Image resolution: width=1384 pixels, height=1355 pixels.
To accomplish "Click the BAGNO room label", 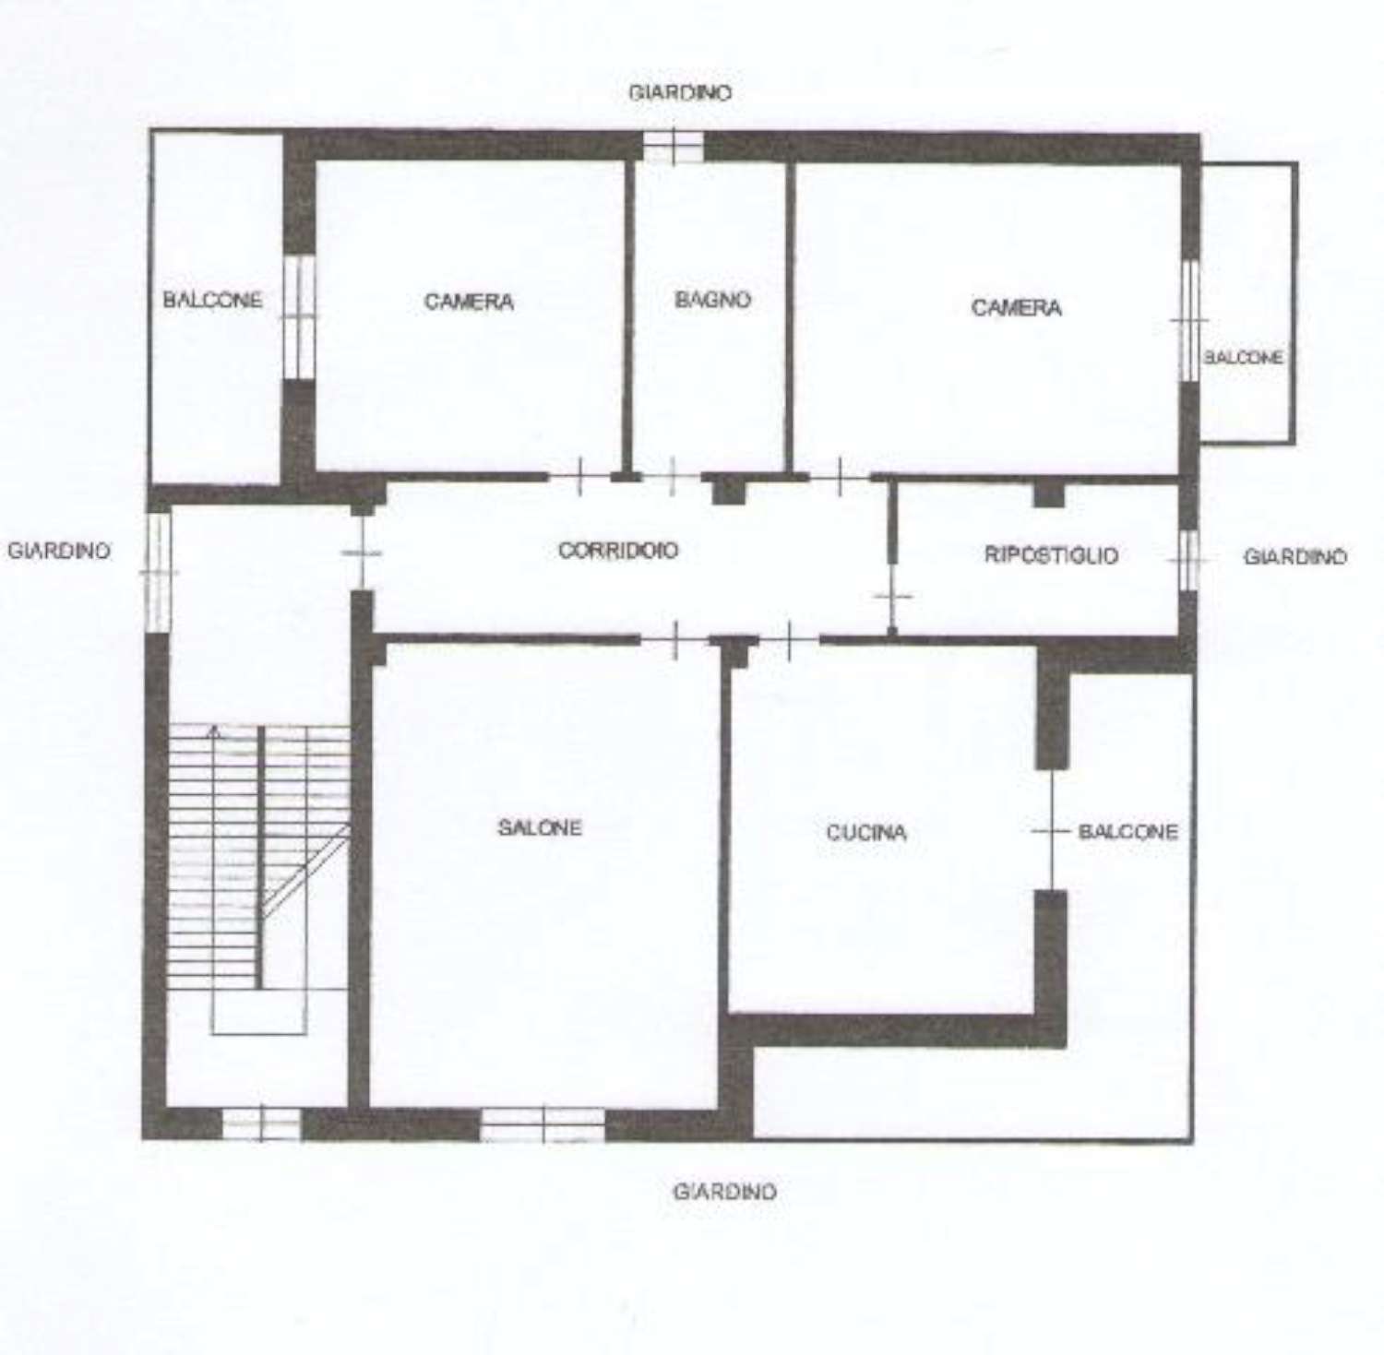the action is point(712,299).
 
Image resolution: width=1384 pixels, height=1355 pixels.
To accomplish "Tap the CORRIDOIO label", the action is point(618,550).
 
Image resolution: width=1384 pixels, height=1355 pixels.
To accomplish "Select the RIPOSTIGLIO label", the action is point(1052,555).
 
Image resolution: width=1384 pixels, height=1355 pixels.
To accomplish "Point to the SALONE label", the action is point(540,827).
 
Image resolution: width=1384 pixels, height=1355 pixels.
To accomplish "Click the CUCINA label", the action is point(865,832).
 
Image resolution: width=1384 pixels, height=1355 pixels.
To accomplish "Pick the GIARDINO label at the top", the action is point(680,93).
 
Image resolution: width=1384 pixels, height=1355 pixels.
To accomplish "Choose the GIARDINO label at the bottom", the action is point(724,1192).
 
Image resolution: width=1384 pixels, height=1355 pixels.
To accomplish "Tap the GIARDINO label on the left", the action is point(59,551).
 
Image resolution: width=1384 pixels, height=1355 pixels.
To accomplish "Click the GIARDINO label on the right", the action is point(1295,556).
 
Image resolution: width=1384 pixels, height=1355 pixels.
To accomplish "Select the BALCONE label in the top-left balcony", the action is point(212,300).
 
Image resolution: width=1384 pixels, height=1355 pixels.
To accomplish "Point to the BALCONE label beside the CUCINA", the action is point(1128,831).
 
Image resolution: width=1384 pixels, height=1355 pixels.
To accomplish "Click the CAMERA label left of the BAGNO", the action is point(469,302).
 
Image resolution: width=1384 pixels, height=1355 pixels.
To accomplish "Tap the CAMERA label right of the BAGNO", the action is point(1016,307).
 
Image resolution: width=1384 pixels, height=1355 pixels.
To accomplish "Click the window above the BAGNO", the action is point(673,146).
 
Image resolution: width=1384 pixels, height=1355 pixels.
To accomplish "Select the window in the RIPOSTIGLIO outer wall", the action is point(1188,560).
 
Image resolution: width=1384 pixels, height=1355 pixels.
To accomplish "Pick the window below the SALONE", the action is point(543,1124).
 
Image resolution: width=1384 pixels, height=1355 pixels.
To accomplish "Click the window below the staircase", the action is point(262,1123).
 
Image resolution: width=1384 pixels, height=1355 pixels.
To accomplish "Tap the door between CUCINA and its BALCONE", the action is point(1052,830).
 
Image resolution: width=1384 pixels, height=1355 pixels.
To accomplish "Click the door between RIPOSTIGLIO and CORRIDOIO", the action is point(892,597).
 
